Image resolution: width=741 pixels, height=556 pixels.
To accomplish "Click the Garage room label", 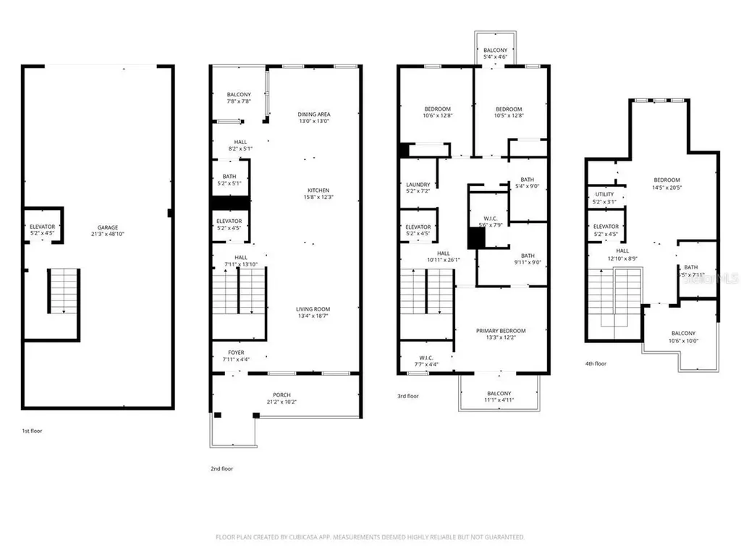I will pos(108,227).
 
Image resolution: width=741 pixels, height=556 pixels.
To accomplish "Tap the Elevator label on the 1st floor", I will pos(42,227).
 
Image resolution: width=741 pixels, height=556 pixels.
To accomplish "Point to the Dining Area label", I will pos(313,114).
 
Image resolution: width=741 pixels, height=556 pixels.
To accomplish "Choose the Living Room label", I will pos(313,309).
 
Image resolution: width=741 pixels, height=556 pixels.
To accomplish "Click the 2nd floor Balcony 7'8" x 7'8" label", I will pos(238,95).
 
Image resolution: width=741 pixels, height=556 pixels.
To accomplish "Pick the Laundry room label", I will pos(418,185).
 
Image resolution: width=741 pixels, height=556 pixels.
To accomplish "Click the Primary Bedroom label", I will pos(501,331).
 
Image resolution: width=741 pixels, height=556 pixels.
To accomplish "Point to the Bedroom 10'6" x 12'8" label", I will pos(437,109).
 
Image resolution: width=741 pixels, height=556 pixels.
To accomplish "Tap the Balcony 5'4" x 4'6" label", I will pos(496,50).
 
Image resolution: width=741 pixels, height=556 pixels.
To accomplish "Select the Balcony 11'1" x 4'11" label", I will pos(499,394).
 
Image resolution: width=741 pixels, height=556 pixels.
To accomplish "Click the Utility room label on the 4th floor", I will pos(604,194).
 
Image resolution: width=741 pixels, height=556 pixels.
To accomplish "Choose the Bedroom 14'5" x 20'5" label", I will pos(666,180).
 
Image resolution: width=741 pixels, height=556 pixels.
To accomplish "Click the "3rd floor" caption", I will pos(408,396).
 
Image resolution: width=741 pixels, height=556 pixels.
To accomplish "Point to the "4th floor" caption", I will pos(596,364).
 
